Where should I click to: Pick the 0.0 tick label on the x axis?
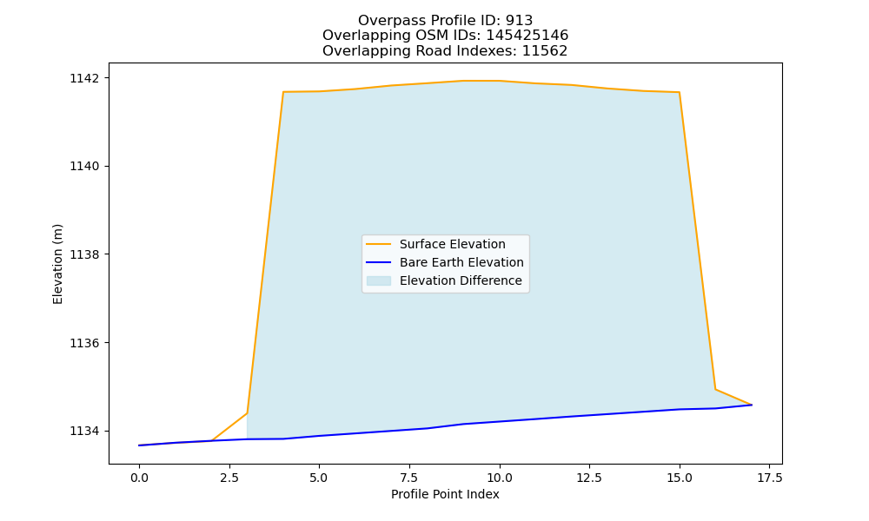pos(139,478)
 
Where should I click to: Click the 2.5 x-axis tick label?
pos(229,478)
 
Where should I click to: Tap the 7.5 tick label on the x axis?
pos(409,478)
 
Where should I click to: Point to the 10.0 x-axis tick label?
pos(500,478)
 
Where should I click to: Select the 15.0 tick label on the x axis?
pos(680,478)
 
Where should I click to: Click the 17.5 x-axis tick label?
pos(769,478)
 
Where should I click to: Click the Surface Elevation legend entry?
pos(452,244)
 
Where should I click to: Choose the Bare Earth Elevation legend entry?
pos(461,262)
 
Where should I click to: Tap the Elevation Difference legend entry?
pos(461,280)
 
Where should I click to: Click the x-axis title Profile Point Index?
pos(445,494)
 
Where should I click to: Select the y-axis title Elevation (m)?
pos(57,264)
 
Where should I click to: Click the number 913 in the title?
pos(519,21)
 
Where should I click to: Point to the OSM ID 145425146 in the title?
pos(527,36)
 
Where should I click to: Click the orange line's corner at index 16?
pos(715,389)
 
